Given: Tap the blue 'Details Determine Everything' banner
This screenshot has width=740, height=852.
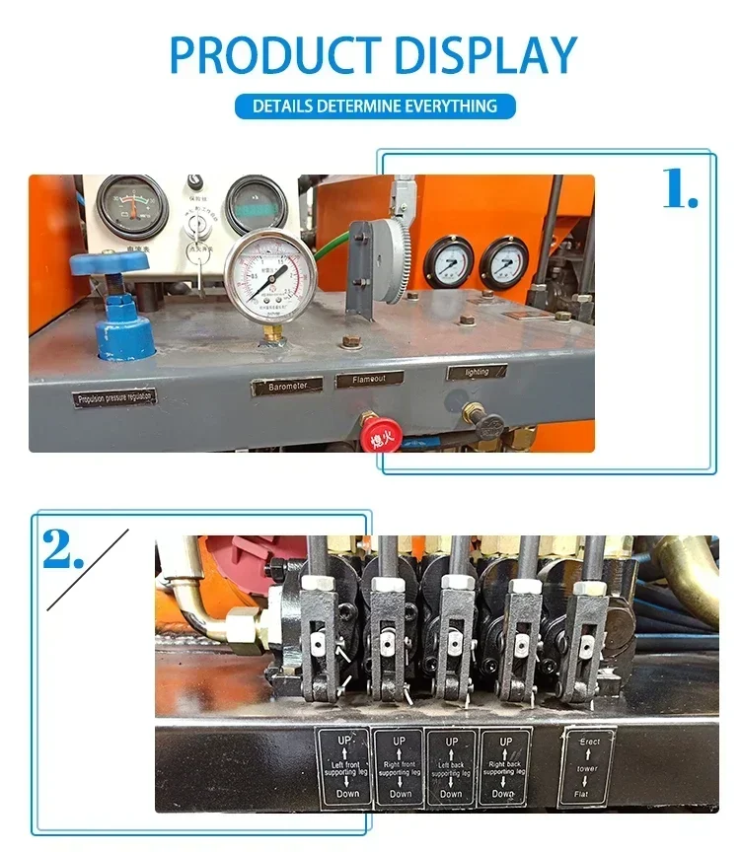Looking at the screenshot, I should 375,106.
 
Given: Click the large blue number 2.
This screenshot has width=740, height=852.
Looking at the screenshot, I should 63,549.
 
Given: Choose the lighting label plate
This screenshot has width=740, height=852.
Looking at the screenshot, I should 477,373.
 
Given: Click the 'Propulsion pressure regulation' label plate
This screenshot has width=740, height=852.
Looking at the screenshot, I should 114,397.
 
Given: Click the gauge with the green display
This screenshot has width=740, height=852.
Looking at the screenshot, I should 256,202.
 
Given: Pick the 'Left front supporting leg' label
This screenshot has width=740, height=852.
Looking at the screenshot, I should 342,766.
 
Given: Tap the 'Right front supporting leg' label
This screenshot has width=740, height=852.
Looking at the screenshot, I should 399,766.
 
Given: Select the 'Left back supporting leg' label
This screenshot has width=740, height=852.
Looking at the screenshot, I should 451,766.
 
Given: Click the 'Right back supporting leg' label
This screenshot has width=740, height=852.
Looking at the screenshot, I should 504,766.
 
